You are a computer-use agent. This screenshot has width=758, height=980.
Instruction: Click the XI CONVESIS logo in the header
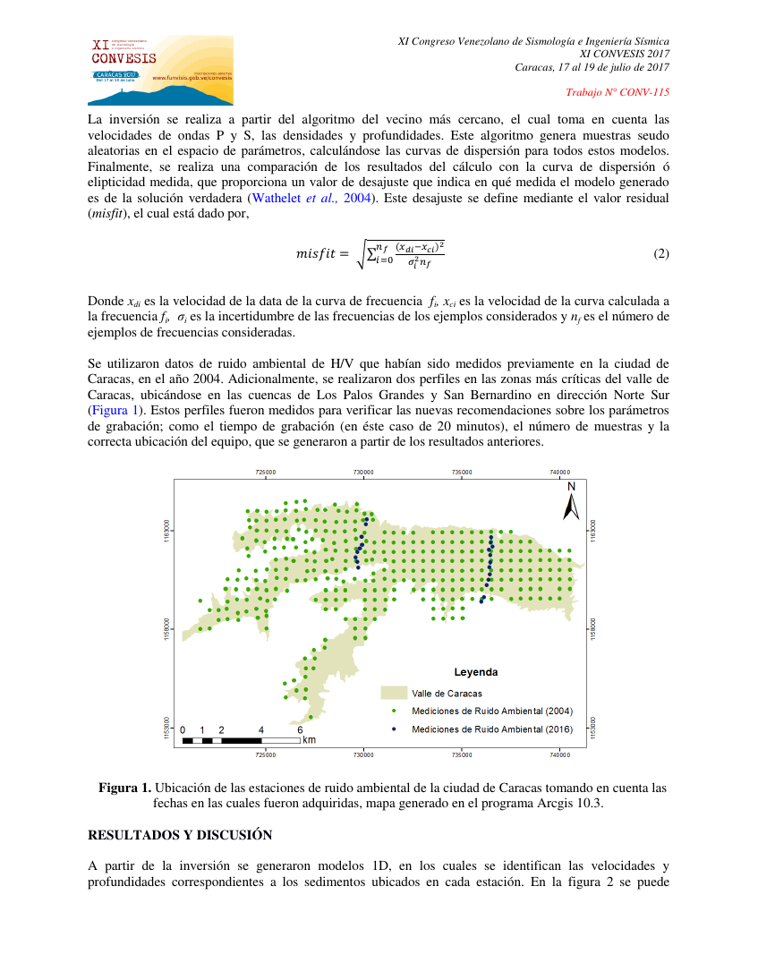[x=160, y=71]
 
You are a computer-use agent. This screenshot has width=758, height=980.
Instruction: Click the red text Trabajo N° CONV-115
[x=617, y=92]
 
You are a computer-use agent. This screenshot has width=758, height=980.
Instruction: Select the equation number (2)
[x=660, y=253]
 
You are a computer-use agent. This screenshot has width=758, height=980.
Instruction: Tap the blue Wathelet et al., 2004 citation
[x=308, y=199]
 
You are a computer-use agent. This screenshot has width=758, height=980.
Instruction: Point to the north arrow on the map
[x=570, y=503]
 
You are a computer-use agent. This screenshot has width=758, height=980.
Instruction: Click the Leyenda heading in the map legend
[x=476, y=672]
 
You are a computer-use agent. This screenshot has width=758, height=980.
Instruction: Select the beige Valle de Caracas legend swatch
[x=394, y=693]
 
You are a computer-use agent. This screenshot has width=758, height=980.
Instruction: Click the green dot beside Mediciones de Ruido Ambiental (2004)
[x=394, y=711]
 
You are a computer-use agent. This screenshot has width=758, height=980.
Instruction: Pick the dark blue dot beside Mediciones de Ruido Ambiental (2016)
[x=394, y=729]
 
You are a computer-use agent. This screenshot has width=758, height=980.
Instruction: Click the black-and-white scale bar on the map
[x=241, y=740]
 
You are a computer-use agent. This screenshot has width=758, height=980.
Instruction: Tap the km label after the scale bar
[x=309, y=740]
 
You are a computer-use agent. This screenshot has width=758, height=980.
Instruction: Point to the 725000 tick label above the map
[x=265, y=472]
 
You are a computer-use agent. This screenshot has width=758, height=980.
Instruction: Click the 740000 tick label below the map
[x=559, y=756]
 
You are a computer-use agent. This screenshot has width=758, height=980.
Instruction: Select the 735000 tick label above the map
[x=461, y=472]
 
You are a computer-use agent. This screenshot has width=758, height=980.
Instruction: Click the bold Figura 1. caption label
[x=124, y=788]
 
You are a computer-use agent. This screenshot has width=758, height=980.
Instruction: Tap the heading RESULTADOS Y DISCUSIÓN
[x=179, y=834]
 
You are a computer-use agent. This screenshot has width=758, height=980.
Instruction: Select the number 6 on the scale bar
[x=300, y=729]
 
